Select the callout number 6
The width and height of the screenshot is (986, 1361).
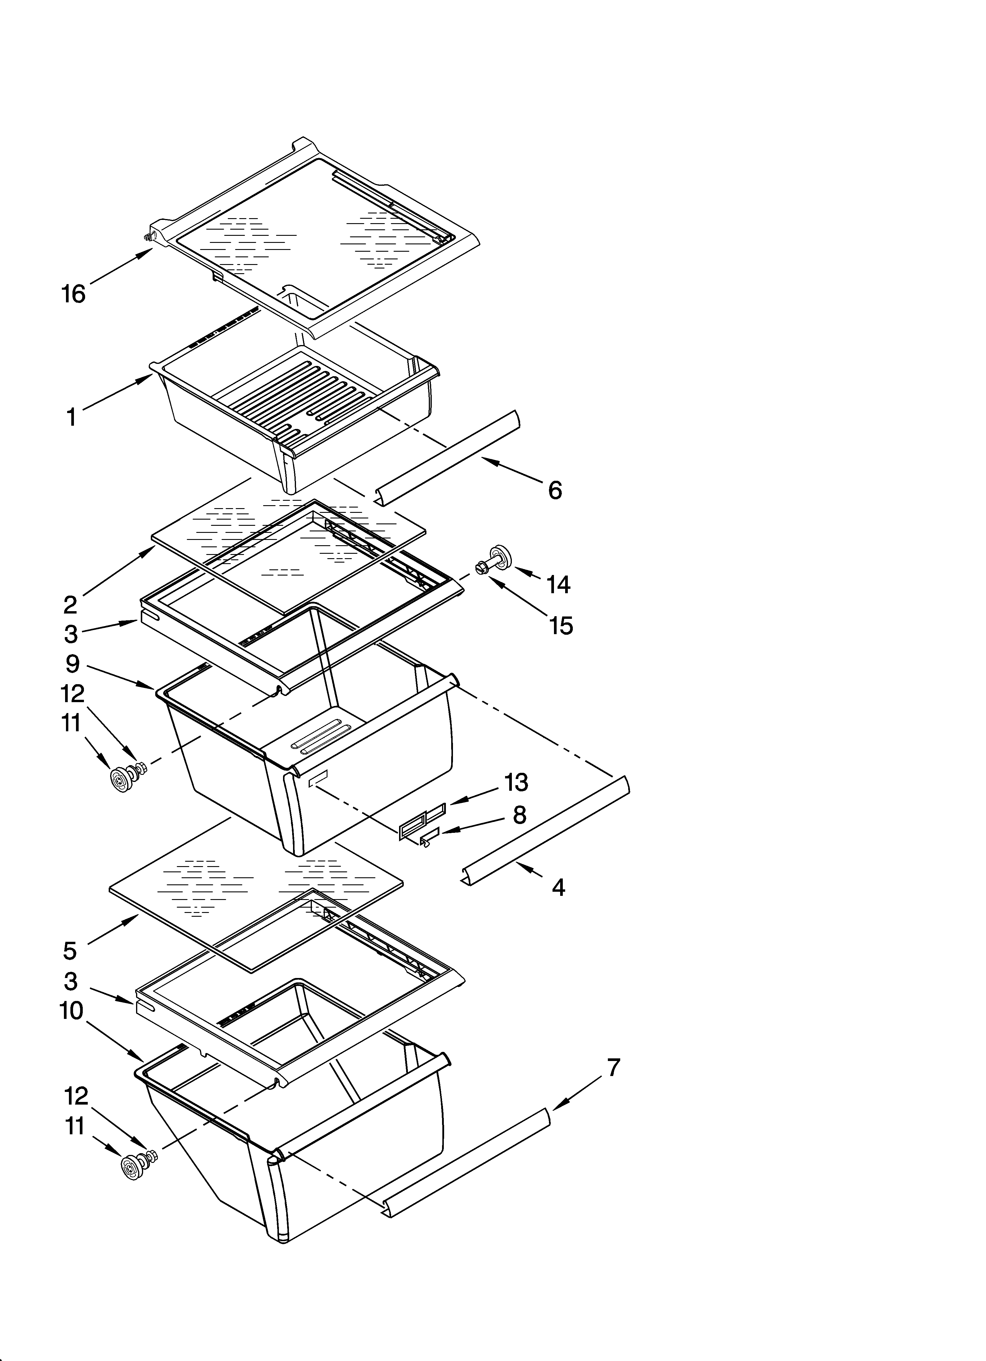(x=555, y=490)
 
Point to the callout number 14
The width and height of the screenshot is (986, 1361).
(x=558, y=584)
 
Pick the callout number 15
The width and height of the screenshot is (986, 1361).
(x=561, y=626)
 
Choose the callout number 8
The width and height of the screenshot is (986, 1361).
(x=520, y=814)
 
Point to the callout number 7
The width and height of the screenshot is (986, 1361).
(x=613, y=1067)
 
